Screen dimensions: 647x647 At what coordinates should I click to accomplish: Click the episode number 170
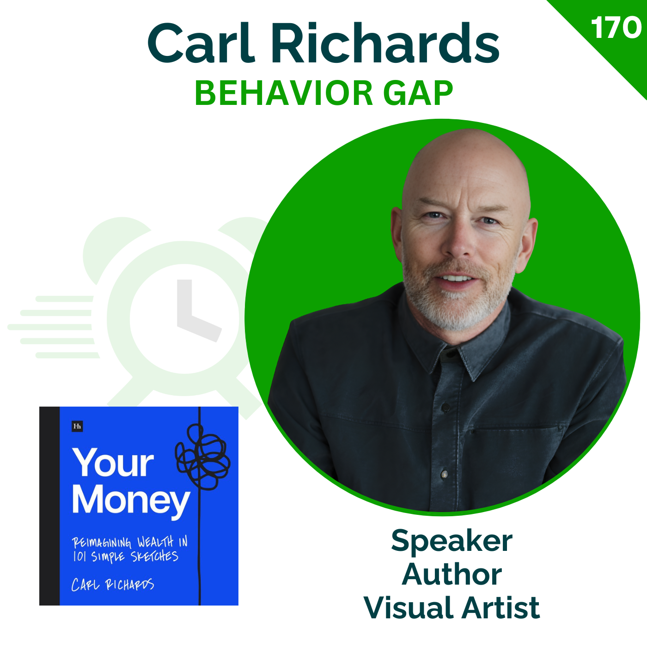point(616,28)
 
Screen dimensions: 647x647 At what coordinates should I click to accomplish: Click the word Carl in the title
point(201,43)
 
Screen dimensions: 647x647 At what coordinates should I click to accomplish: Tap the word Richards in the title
point(385,43)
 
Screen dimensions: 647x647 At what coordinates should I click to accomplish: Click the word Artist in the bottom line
point(501,608)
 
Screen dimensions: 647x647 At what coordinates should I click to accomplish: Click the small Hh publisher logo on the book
point(77,427)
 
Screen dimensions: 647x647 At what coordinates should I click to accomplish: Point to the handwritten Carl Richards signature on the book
point(113,585)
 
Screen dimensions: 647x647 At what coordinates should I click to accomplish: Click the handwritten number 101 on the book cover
point(79,557)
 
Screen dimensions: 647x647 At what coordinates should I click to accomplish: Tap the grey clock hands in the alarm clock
point(196,312)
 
